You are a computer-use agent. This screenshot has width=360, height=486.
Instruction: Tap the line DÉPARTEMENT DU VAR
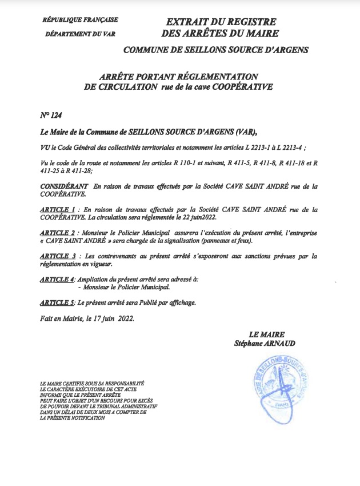(80, 34)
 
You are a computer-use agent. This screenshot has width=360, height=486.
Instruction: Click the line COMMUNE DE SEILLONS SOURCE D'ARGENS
(216, 50)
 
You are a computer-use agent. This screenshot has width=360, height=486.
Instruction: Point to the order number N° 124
(51, 115)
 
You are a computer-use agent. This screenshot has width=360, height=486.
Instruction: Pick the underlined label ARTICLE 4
(58, 278)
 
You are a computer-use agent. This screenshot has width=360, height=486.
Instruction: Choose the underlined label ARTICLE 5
(58, 302)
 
